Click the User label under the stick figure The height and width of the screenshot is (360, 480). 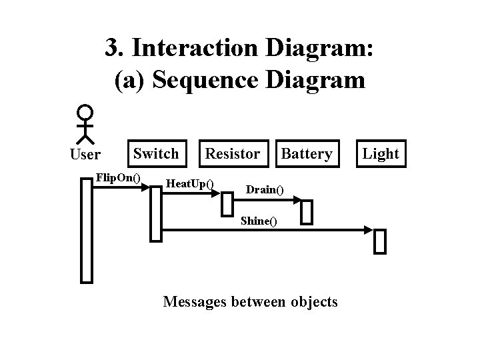85,155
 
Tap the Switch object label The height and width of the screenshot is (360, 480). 156,153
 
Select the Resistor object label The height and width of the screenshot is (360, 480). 232,153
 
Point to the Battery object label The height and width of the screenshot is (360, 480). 307,153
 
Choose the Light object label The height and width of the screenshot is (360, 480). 381,153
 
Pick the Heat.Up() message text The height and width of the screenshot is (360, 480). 189,183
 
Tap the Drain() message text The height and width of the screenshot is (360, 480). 265,190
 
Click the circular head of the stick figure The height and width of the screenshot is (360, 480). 85,112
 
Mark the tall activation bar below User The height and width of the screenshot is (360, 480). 86,231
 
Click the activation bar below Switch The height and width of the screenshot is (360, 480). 156,213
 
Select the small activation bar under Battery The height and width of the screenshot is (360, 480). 307,213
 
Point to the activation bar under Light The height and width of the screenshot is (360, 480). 380,241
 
